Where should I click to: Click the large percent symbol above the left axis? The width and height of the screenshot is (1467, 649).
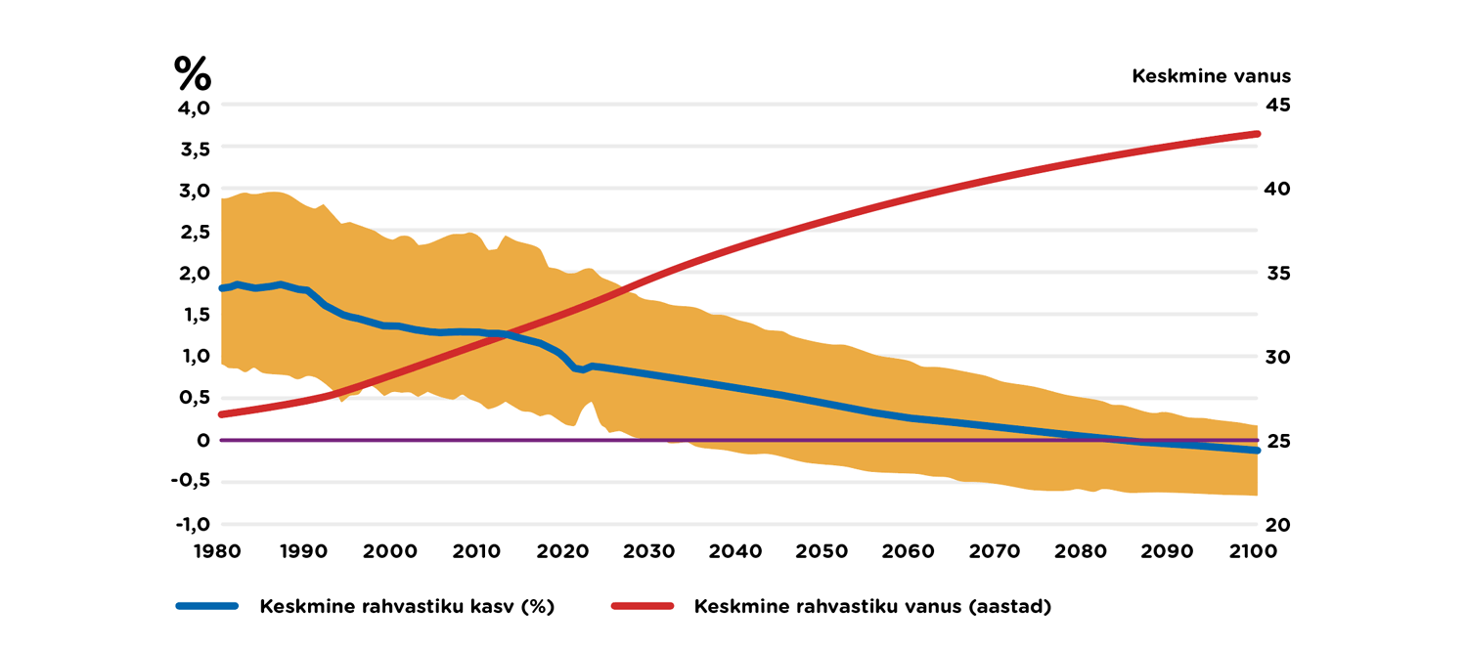point(193,73)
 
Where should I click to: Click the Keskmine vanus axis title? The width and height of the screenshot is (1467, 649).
point(1211,76)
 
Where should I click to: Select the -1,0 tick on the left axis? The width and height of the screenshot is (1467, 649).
point(193,524)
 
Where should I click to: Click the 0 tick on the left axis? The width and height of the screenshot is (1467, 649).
point(203,441)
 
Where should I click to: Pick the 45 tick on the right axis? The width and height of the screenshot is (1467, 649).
point(1278,106)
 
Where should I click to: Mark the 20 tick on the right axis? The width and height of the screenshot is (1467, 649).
point(1278,524)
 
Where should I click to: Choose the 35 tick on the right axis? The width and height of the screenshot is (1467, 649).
point(1278,273)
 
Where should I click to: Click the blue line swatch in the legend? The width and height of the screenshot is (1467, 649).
point(207,606)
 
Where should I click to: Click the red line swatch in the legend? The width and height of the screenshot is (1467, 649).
point(643,606)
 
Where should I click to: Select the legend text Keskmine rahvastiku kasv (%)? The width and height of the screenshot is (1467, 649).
point(407,606)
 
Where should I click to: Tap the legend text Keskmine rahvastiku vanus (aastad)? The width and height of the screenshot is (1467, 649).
point(872,606)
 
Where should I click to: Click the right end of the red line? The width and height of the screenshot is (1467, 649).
point(1258,134)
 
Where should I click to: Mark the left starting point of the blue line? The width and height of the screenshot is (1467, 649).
point(222,288)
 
